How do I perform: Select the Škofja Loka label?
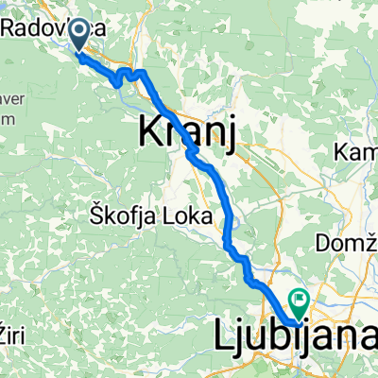click(x=148, y=212)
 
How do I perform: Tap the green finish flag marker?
click(x=301, y=303)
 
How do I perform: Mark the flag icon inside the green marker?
click(x=301, y=301)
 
